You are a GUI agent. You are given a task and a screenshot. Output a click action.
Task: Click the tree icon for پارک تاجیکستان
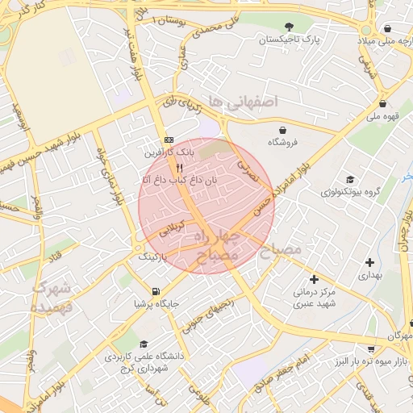(x=289, y=27)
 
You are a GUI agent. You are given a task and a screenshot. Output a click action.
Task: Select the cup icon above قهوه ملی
(x=382, y=103)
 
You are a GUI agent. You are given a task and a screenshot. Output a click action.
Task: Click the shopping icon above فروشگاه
(x=283, y=130)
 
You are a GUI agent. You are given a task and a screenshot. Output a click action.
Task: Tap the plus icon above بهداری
(x=369, y=262)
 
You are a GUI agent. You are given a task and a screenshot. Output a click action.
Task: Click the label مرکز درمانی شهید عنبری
(x=314, y=296)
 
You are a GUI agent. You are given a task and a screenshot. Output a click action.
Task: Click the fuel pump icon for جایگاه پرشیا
(x=155, y=291)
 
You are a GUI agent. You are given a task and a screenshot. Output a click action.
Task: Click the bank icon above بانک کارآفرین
(x=168, y=139)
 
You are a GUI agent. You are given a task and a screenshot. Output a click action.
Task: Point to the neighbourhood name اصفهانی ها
(x=242, y=101)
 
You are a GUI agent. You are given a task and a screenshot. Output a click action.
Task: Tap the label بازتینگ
(x=155, y=256)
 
